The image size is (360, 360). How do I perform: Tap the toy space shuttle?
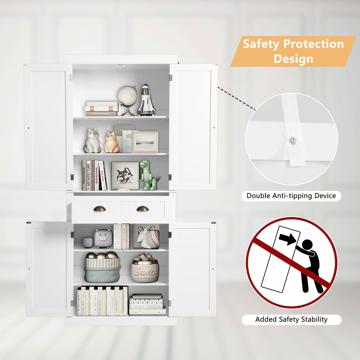click(146, 101)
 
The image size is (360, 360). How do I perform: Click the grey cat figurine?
click(92, 141)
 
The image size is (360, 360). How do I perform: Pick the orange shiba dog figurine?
click(111, 143)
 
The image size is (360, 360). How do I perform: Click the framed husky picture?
click(125, 176)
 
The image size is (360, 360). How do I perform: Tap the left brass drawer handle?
click(99, 209)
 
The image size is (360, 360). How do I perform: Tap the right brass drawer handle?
click(143, 209)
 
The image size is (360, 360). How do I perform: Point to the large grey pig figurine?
click(103, 238)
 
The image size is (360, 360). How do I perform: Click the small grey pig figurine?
click(88, 242)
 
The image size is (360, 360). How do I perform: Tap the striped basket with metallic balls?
click(102, 268)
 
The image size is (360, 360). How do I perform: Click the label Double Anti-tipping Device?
click(291, 196)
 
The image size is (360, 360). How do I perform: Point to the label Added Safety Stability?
click(291, 319)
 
